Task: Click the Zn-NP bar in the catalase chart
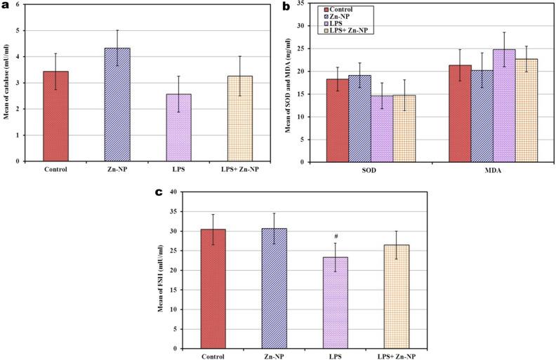(x=117, y=105)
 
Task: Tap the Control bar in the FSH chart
(x=213, y=288)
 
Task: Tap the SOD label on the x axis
(x=372, y=171)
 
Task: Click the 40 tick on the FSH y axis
(x=172, y=192)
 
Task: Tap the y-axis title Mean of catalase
(x=6, y=83)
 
